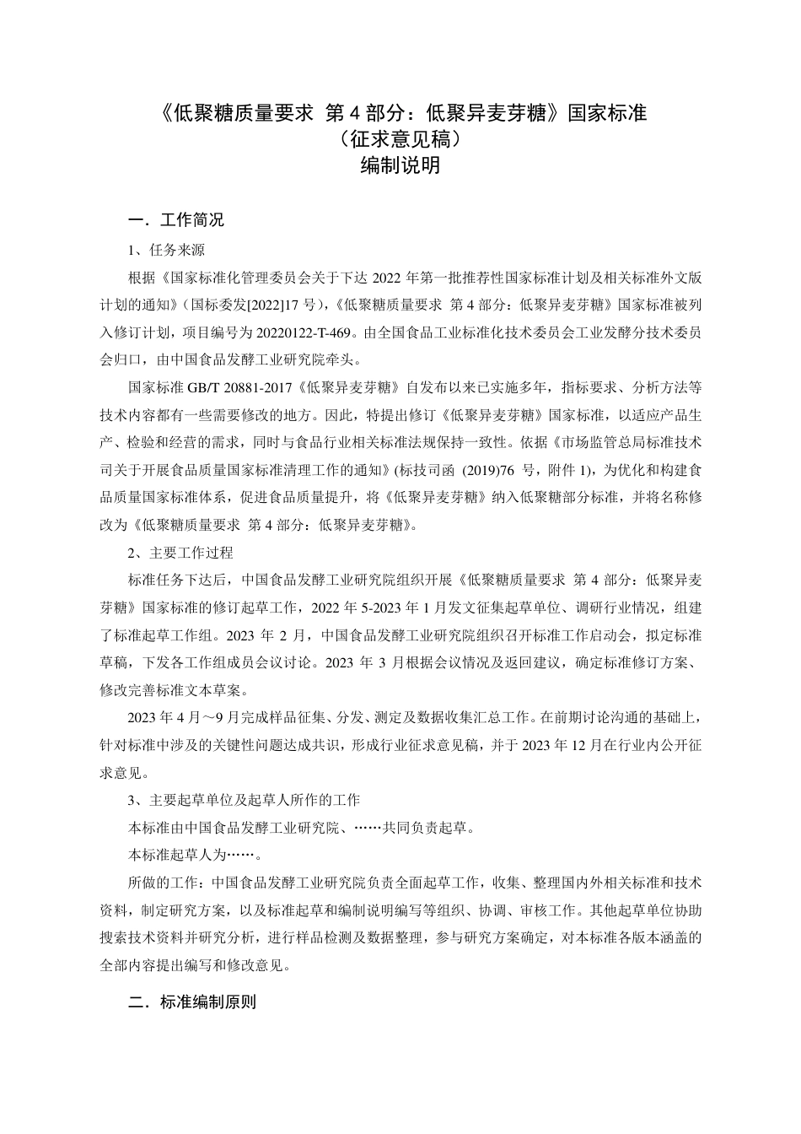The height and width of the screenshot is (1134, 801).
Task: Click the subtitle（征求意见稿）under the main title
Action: (400, 138)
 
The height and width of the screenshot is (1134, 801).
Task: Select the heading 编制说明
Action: (400, 165)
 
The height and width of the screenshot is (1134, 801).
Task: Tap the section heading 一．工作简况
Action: (176, 221)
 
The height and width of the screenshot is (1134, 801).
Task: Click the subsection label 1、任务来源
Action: (166, 250)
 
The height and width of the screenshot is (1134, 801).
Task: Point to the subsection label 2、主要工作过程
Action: (180, 553)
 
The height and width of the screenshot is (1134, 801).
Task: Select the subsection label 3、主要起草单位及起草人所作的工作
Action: (244, 800)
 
